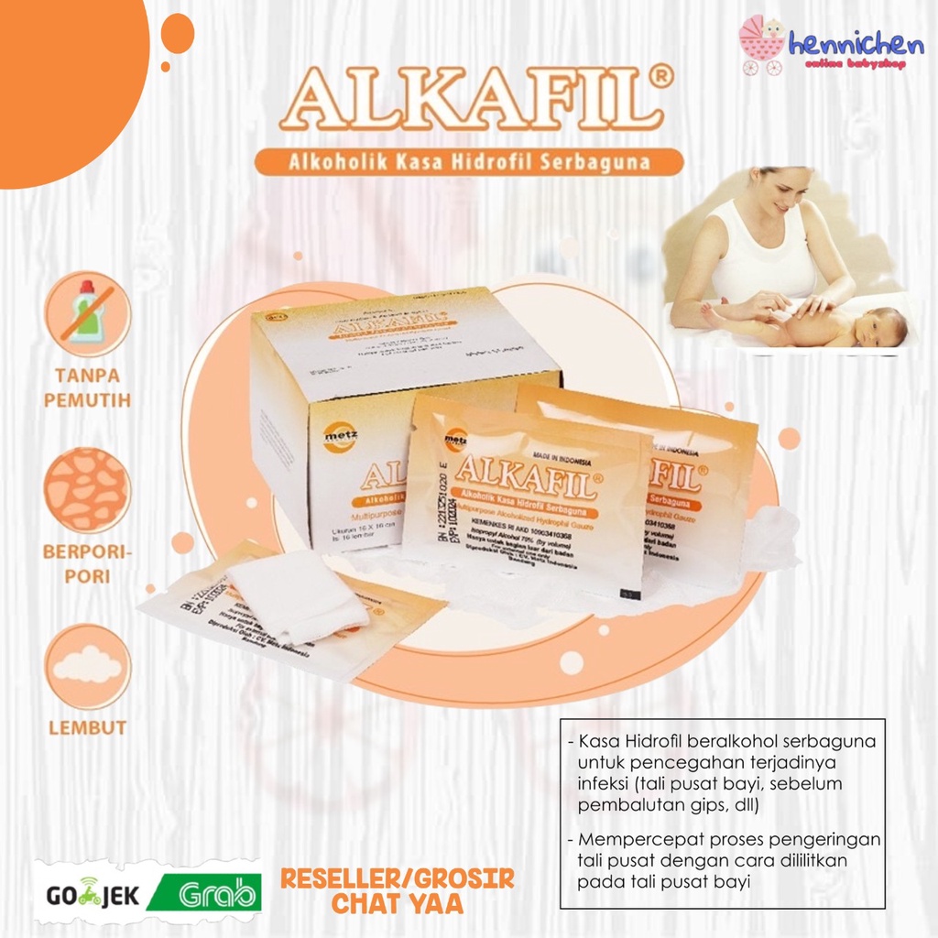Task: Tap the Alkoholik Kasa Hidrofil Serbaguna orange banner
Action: pyautogui.click(x=468, y=162)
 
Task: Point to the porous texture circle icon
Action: pyautogui.click(x=87, y=489)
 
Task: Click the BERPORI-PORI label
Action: pyautogui.click(x=87, y=564)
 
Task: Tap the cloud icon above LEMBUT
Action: pyautogui.click(x=87, y=666)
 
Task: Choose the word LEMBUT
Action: pyautogui.click(x=87, y=728)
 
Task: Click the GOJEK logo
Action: pyautogui.click(x=89, y=894)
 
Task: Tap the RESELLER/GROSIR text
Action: pyautogui.click(x=397, y=879)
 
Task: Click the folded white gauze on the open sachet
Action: pyautogui.click(x=295, y=596)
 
